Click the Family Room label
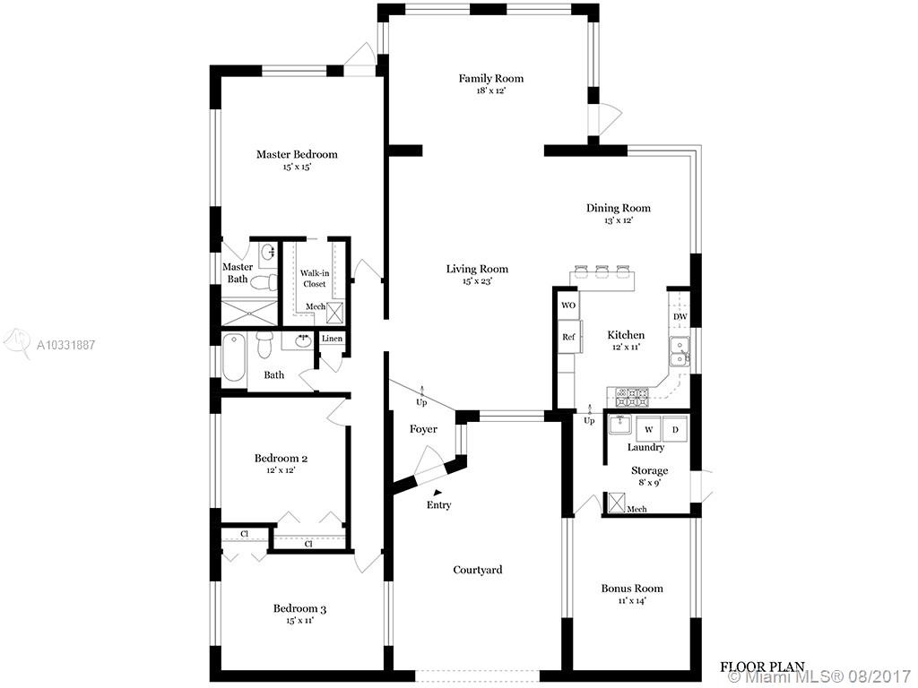coord(490,79)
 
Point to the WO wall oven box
coord(567,305)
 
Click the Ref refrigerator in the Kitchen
coord(568,337)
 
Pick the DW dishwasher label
coord(680,317)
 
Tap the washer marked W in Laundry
coord(649,429)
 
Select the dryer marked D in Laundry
coord(675,429)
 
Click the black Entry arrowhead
coord(437,494)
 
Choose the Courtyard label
coord(478,570)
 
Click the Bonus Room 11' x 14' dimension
coord(632,601)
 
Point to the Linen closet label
coord(332,339)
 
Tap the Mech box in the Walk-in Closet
coord(336,313)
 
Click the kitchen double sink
coord(680,352)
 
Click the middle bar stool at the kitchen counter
coord(602,271)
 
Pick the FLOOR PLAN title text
coord(762,666)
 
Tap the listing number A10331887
coord(65,345)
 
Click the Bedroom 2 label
coord(281,458)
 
